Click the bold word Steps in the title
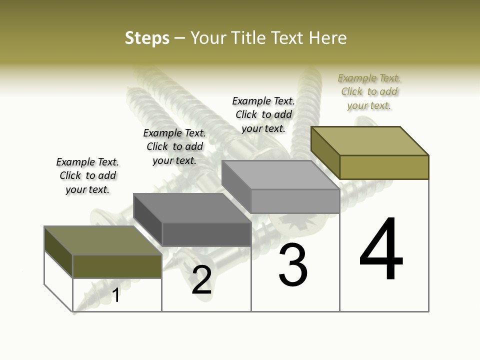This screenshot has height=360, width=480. pyautogui.click(x=147, y=38)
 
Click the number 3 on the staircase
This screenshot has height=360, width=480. pyautogui.click(x=293, y=265)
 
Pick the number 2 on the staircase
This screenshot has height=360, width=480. pyautogui.click(x=201, y=280)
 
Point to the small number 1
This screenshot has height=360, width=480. pyautogui.click(x=116, y=295)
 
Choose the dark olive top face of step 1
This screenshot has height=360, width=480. pyautogui.click(x=103, y=240)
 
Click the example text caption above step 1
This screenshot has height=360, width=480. pyautogui.click(x=87, y=175)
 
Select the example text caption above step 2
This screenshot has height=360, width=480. pyautogui.click(x=174, y=146)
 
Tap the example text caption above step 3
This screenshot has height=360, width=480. pyautogui.click(x=263, y=114)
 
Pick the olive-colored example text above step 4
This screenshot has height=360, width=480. pyautogui.click(x=369, y=91)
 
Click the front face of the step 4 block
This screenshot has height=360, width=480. pyautogui.click(x=384, y=167)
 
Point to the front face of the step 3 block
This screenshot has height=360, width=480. pyautogui.click(x=295, y=201)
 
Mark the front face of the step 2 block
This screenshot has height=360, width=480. pyautogui.click(x=206, y=234)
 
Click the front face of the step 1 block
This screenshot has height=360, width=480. pyautogui.click(x=117, y=266)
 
